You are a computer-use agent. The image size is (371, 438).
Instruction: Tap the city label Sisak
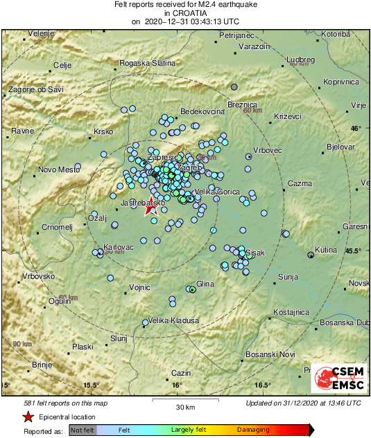tap(256, 254)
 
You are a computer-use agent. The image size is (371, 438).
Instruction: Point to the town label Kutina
tap(326, 249)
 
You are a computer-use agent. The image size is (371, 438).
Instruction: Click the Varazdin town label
tap(253, 46)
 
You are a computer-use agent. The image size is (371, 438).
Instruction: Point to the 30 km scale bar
tap(183, 399)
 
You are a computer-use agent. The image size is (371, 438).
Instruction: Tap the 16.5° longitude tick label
tap(261, 385)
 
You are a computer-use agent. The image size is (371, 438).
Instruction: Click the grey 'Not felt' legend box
tap(83, 430)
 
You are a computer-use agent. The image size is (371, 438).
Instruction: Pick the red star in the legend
tap(28, 417)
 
